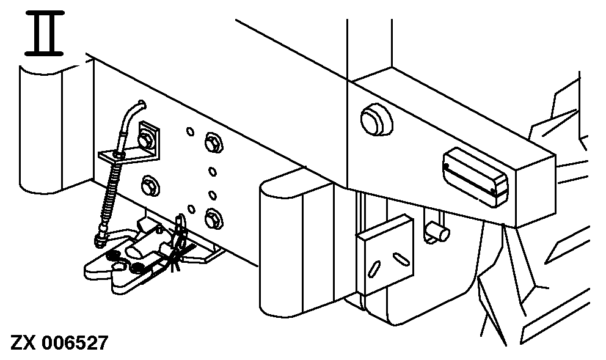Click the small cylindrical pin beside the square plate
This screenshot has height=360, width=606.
click(439, 231)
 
